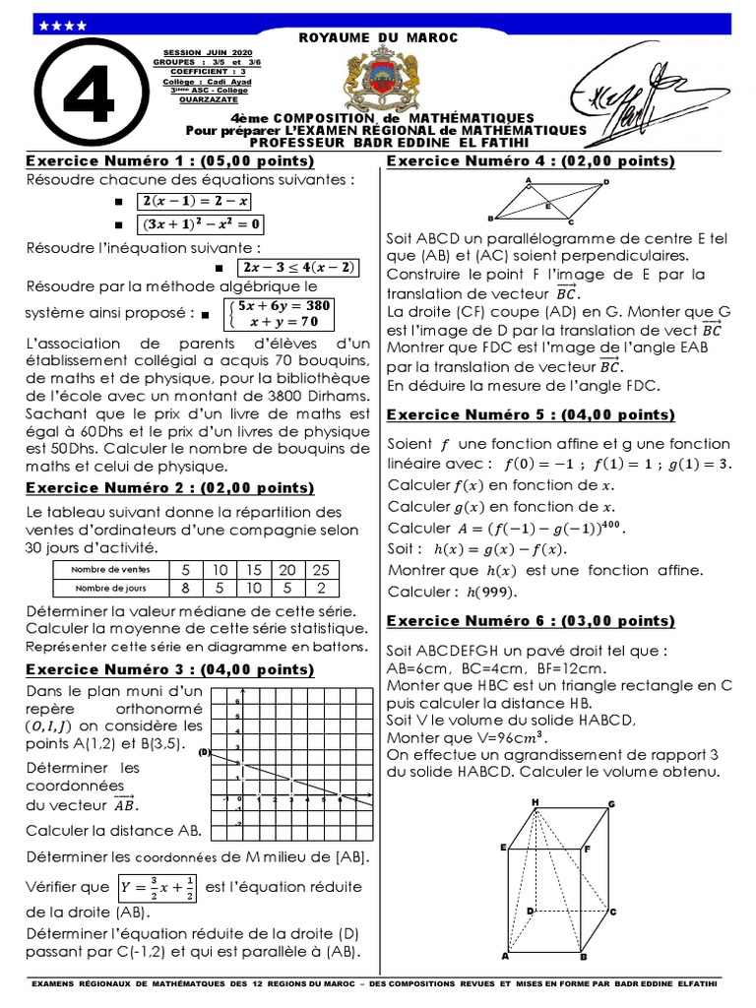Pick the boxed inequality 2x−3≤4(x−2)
coord(298,268)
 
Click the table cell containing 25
coord(321,570)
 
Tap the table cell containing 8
coord(185,588)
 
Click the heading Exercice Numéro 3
coord(169,669)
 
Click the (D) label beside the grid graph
coord(206,753)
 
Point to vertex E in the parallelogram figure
coord(548,206)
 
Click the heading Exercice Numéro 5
coord(531,414)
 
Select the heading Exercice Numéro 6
coord(531,620)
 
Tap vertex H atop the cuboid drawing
coord(535,802)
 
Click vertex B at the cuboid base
coord(583,957)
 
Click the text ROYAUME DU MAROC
coord(378,37)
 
